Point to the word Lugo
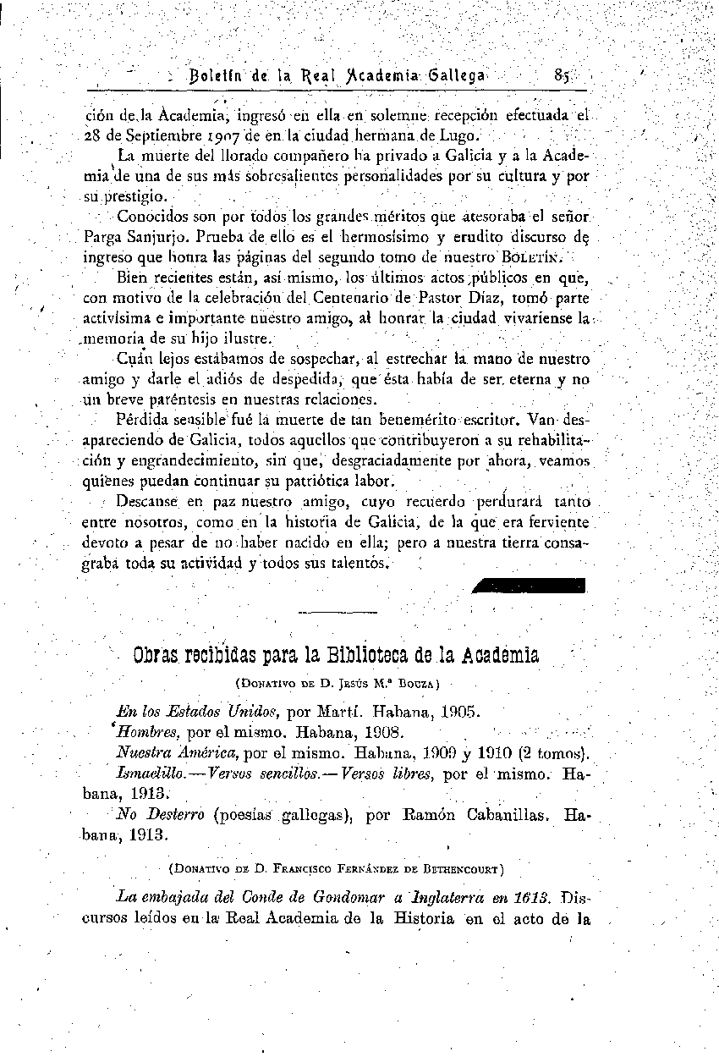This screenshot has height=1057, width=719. pyautogui.click(x=463, y=135)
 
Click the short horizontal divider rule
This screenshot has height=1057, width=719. pyautogui.click(x=338, y=610)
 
